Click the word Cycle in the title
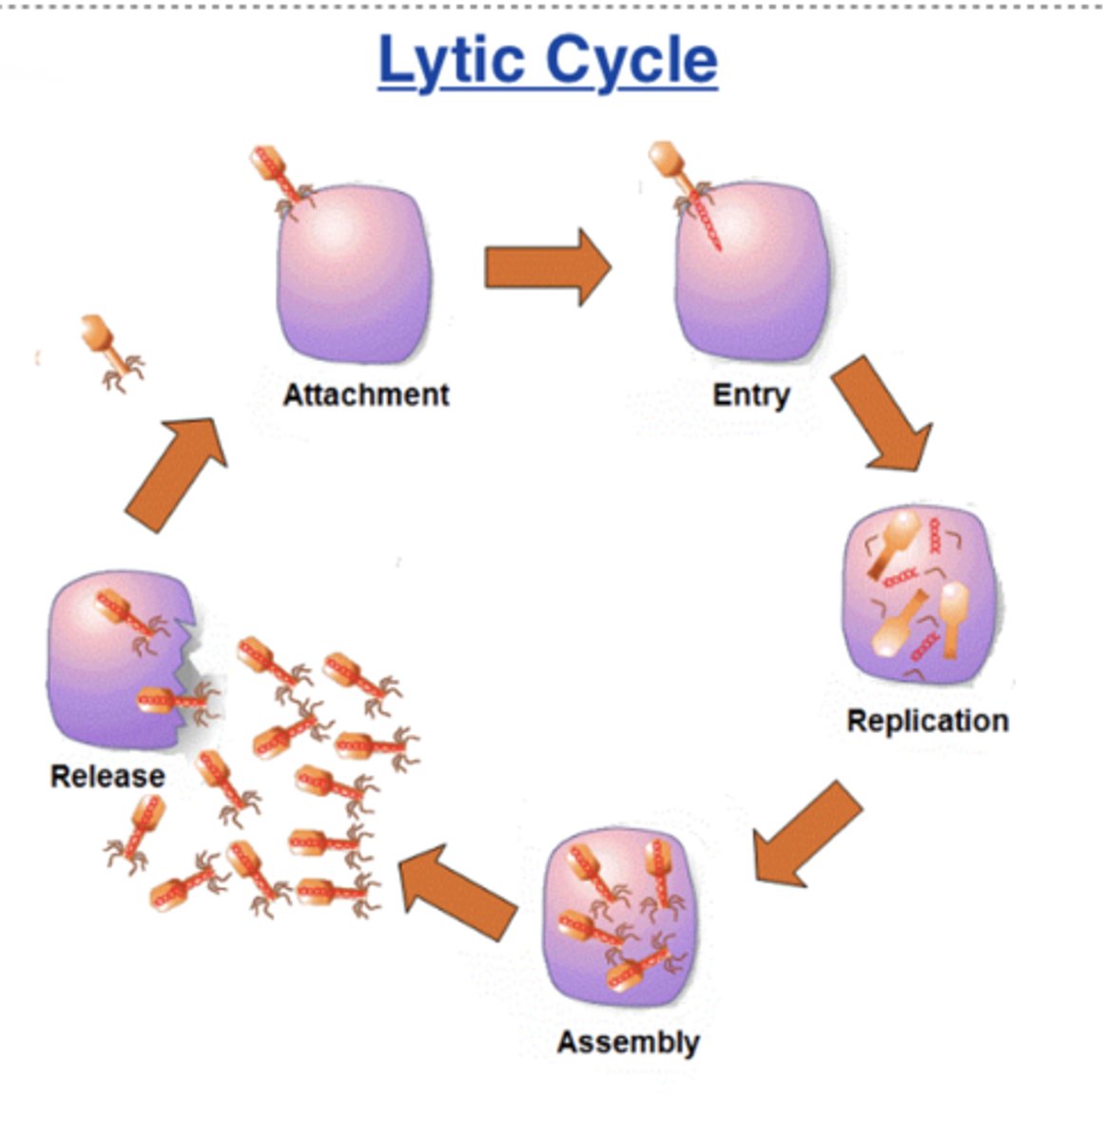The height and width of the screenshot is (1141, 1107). coord(631,61)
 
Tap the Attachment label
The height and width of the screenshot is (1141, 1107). coord(365,394)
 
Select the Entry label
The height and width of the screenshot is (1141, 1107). coord(751,394)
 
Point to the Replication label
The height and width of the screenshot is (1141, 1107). coord(927,721)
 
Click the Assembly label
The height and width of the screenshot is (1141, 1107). coord(628,1042)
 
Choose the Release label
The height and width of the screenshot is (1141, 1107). coord(107,776)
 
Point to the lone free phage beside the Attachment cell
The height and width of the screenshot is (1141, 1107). coord(111,351)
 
